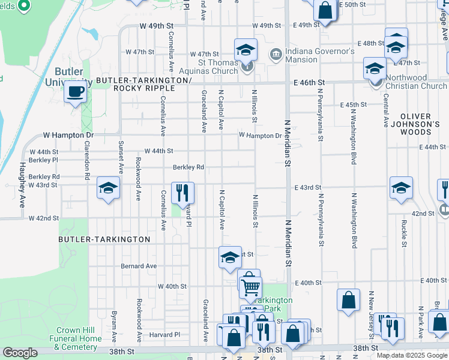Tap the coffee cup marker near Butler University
coord(76,92)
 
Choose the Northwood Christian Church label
coord(415,82)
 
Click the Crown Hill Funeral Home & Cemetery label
coord(79,338)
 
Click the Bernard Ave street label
coord(139,266)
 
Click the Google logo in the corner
coord(20,353)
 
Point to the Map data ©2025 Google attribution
coord(412,355)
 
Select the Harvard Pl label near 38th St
coord(161,334)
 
